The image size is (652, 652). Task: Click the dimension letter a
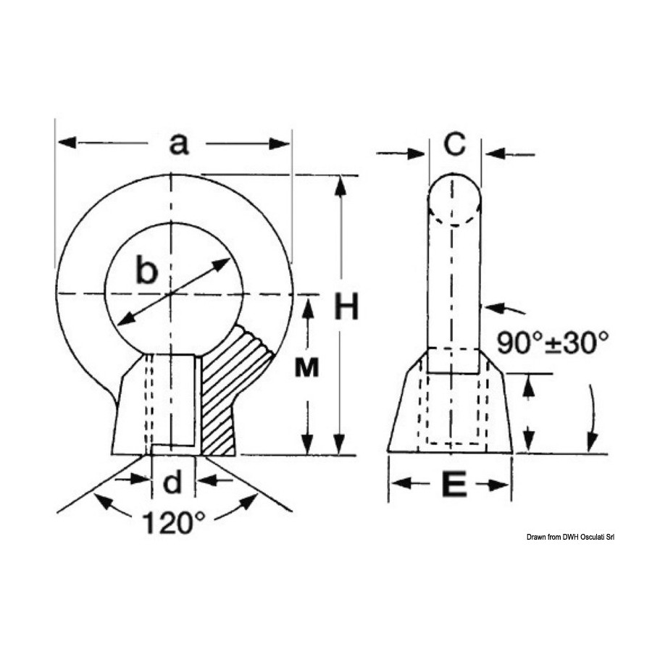[179, 144]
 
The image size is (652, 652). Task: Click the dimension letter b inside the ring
[147, 271]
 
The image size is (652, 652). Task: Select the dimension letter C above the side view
[454, 144]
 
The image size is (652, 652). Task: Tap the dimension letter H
[346, 306]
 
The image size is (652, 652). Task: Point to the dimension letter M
[307, 367]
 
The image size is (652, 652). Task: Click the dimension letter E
[454, 484]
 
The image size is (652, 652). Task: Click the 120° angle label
[174, 522]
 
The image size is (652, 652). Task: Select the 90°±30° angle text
[553, 342]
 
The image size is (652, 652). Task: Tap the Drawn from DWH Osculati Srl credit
[570, 537]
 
